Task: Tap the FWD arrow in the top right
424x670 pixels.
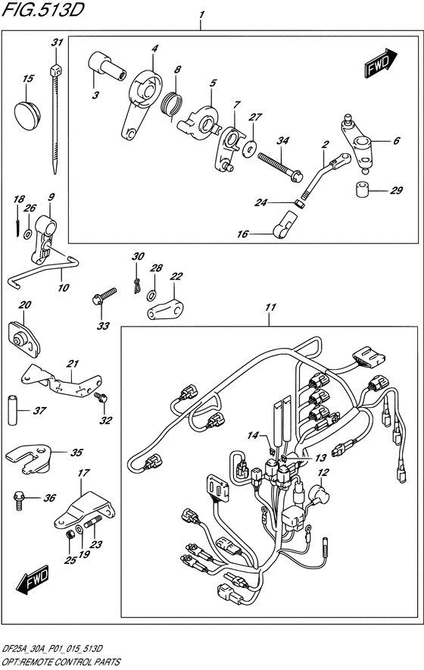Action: [382, 62]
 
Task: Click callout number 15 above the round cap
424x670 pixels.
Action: [28, 79]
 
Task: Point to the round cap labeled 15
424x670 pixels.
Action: [27, 113]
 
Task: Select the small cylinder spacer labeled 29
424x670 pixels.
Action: [363, 189]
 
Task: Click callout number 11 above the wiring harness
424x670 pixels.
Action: [270, 307]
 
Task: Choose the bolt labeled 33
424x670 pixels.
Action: [104, 296]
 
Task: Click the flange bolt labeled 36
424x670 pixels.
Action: [20, 500]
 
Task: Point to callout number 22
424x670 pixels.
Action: [176, 277]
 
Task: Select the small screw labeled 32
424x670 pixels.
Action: [101, 398]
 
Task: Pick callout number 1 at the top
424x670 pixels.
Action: [201, 15]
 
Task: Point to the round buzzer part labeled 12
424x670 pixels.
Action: [320, 493]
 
